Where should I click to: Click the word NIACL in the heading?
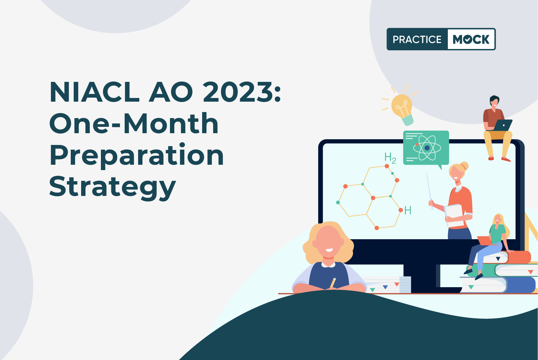pos(95,92)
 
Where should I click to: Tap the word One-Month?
pos(134,123)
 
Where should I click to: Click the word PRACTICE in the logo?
pos(417,39)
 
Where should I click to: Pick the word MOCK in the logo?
pos(471,39)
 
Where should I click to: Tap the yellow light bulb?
pos(403,109)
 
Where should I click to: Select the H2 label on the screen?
pos(390,158)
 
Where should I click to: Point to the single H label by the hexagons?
pos(408,210)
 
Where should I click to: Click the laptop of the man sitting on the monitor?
pos(502,125)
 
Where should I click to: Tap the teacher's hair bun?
pos(464,166)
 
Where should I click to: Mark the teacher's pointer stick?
pos(430,191)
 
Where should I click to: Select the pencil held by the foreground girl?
pos(333,282)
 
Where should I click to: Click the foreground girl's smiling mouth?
pos(329,250)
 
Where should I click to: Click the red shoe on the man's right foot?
pos(506,159)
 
